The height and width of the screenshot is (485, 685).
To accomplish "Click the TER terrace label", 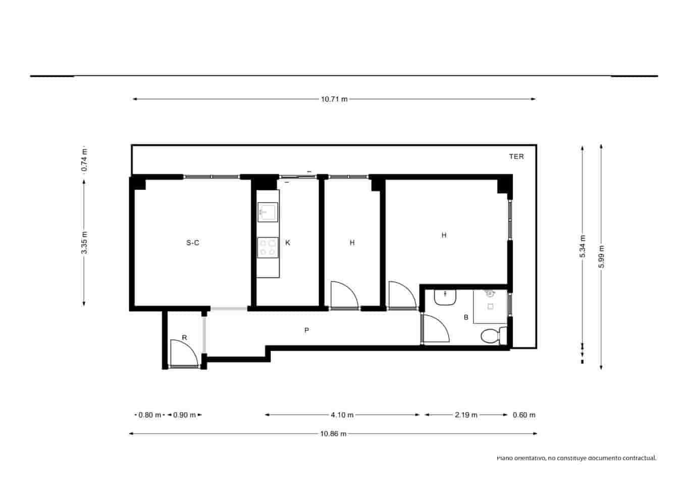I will point(516,157).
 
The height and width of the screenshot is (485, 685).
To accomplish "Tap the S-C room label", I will point(193,243).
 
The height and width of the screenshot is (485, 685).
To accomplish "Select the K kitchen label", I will point(288,243).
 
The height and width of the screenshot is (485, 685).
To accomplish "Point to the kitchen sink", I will point(268,212).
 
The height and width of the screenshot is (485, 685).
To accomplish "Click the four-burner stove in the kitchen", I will point(268,247).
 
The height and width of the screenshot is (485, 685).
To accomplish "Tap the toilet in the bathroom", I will point(492,336).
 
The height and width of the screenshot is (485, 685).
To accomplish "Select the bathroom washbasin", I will point(445,298).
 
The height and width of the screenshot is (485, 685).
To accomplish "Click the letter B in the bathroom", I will point(466,318).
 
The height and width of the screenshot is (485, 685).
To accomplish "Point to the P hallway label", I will point(306,330).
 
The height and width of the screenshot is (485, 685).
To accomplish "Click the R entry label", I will point(184,337).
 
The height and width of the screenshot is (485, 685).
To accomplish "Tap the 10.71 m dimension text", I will point(334,100).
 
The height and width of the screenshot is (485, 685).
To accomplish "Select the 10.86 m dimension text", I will point(333,433).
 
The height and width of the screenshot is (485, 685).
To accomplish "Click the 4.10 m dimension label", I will point(342,415).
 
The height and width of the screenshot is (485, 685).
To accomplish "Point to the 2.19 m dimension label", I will point(466,415).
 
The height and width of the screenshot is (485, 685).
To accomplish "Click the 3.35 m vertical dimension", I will point(84,243).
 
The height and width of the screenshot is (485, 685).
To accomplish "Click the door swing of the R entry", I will point(183,353).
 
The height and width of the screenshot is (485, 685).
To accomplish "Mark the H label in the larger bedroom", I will point(444,235).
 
